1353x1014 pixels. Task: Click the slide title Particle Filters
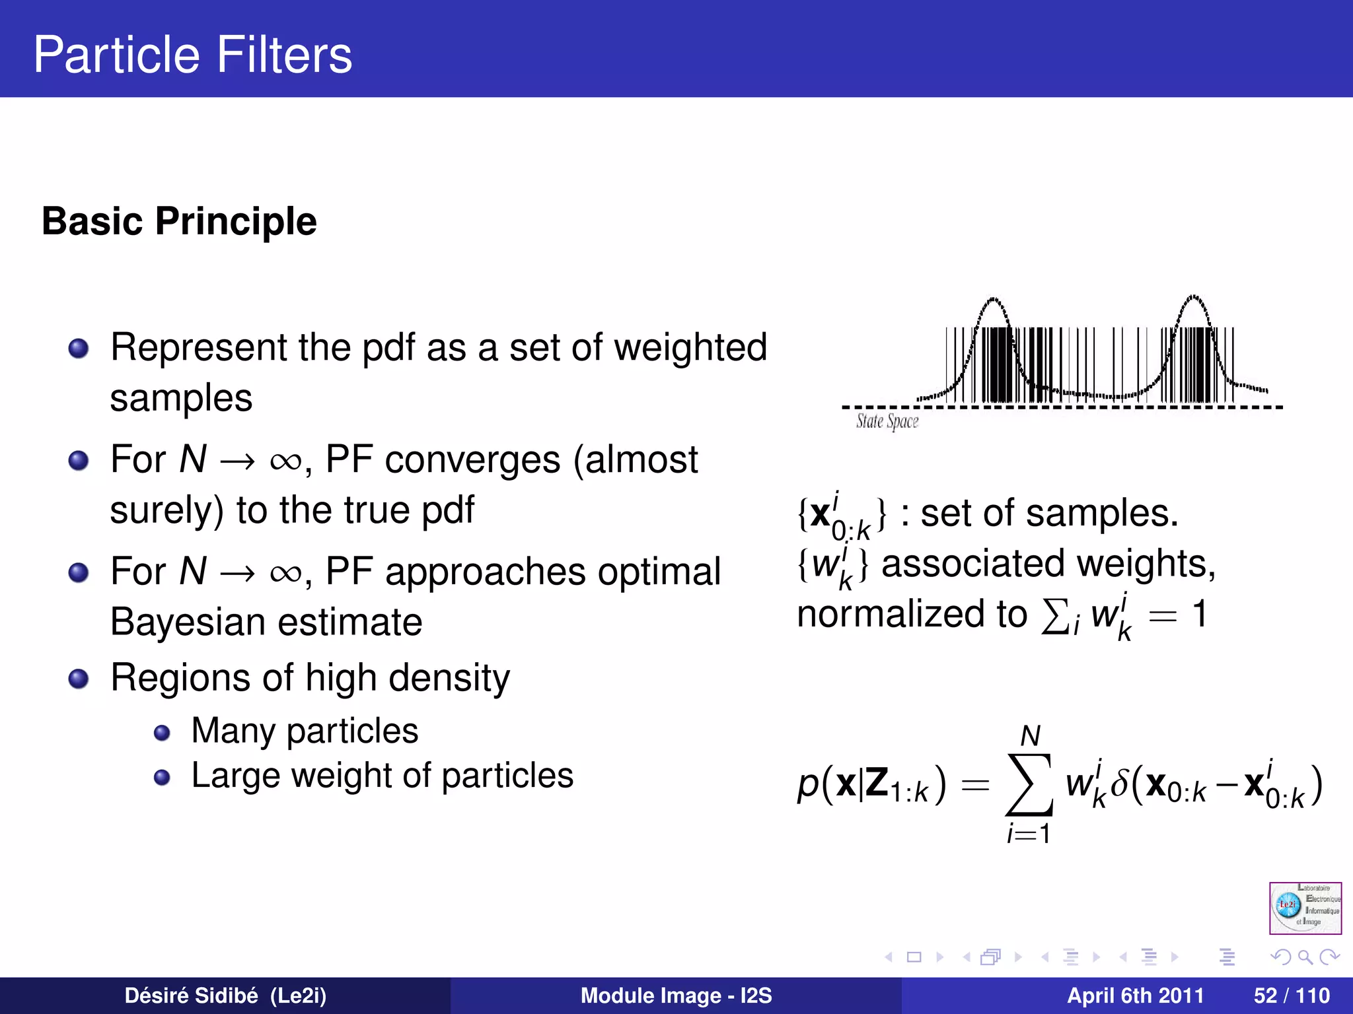(x=192, y=54)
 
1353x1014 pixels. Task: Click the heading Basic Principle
(x=179, y=221)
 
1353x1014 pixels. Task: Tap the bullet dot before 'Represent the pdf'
(x=79, y=348)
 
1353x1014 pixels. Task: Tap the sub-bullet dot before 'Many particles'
(x=162, y=733)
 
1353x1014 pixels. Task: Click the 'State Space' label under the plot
(x=887, y=421)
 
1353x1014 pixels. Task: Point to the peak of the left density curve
(x=992, y=300)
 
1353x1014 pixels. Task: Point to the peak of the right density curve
(x=1194, y=297)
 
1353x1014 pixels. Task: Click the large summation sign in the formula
(x=1029, y=785)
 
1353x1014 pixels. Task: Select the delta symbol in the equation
(x=1118, y=784)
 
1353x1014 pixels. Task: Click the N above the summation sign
(x=1030, y=735)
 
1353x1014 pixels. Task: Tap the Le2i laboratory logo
(x=1305, y=908)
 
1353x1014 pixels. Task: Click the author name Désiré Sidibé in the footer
(x=192, y=996)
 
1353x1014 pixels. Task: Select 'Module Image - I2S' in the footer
(x=676, y=996)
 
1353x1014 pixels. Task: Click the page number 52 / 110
(x=1291, y=996)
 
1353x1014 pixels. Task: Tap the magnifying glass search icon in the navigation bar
(x=1305, y=957)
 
